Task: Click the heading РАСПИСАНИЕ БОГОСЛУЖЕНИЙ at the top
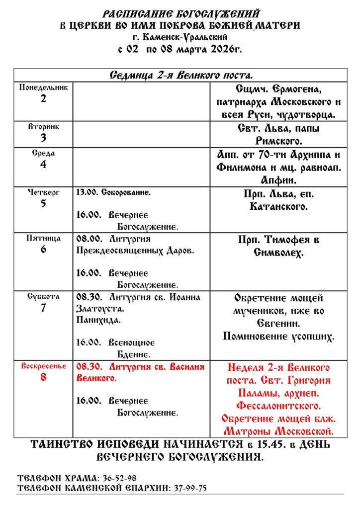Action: (x=180, y=13)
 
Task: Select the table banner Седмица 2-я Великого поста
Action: (x=180, y=76)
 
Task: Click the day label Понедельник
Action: (x=43, y=87)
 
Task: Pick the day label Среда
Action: (x=43, y=154)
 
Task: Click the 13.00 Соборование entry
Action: (x=113, y=192)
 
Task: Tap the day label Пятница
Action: (x=43, y=239)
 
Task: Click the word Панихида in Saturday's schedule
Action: (x=98, y=320)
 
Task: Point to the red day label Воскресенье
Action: (x=43, y=367)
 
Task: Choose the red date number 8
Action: (x=43, y=377)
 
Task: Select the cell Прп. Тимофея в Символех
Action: (x=278, y=246)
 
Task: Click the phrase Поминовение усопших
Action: (x=278, y=337)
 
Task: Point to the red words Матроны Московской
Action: (x=278, y=430)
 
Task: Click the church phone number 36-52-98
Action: (x=119, y=478)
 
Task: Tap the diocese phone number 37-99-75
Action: (x=190, y=488)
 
